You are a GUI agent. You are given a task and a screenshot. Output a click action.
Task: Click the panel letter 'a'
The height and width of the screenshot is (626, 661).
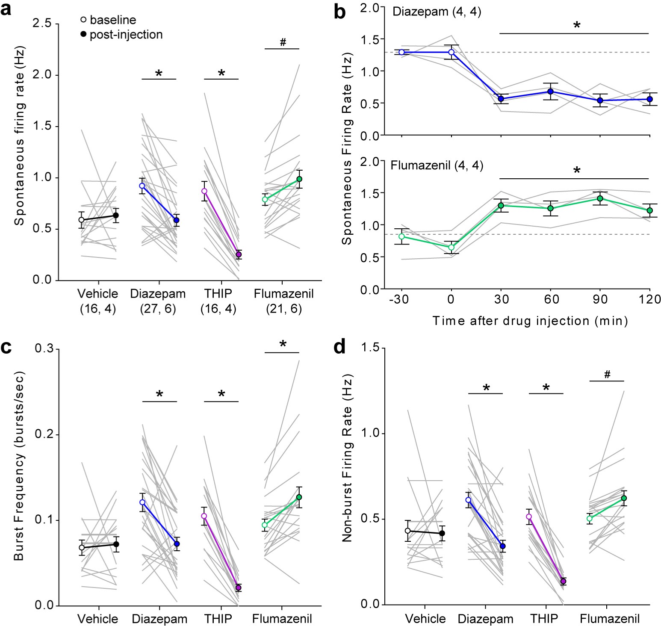tap(6, 9)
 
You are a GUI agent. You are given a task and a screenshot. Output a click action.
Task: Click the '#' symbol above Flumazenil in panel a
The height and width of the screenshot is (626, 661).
tap(283, 42)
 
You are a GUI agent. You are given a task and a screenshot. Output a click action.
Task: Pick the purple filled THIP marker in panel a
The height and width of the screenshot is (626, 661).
tap(239, 255)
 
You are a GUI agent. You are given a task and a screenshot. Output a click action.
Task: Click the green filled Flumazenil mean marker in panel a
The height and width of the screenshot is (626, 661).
tap(299, 179)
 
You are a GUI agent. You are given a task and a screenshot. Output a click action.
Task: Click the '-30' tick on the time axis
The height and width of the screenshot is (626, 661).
tap(399, 299)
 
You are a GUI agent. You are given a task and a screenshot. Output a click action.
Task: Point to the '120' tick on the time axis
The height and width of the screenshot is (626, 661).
tap(650, 299)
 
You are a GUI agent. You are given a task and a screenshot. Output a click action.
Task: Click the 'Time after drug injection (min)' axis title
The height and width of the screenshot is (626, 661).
tap(530, 321)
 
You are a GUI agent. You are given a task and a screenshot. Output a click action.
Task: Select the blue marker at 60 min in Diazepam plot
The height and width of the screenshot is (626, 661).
tap(551, 92)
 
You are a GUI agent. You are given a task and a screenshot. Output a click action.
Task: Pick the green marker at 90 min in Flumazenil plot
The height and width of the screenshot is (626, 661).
tap(600, 198)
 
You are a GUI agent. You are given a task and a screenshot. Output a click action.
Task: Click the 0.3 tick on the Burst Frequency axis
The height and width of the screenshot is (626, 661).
tap(44, 348)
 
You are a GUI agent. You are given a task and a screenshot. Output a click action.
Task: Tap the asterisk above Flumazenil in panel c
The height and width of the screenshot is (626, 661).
tap(283, 344)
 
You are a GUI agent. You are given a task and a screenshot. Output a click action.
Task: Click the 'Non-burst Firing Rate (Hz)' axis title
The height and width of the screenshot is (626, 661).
tap(347, 458)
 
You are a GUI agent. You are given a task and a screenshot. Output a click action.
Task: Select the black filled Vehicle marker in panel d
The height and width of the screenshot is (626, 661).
tap(442, 533)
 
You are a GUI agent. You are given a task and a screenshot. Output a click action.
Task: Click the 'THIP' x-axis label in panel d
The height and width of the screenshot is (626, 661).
tap(544, 619)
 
